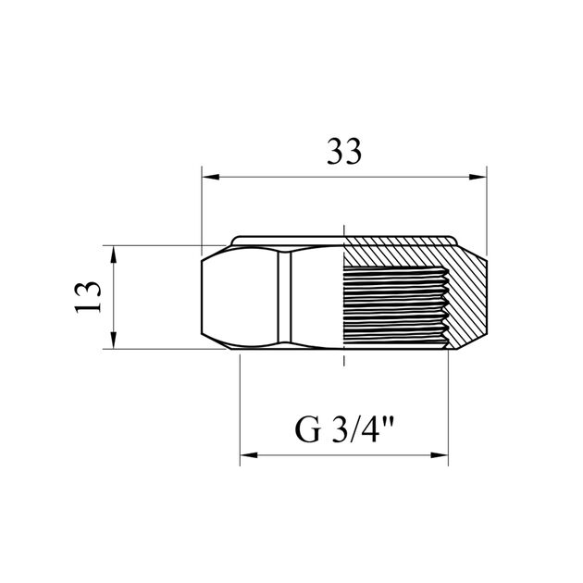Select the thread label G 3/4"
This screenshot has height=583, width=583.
click(344, 431)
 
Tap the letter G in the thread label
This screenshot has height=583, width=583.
click(306, 431)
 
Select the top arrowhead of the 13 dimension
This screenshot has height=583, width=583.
click(113, 252)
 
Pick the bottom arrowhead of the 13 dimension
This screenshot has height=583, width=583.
click(113, 343)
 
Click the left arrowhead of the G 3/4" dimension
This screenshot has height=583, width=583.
click(247, 455)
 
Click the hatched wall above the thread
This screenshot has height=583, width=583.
click(398, 255)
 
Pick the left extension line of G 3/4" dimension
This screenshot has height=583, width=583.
click(241, 407)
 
